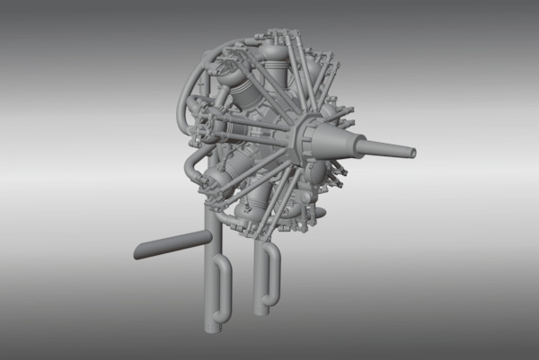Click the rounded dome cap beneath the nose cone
[x=317, y=171]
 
